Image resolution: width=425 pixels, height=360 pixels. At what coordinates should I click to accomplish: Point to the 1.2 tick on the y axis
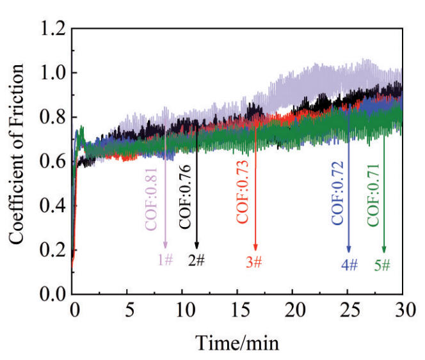pos(51,29)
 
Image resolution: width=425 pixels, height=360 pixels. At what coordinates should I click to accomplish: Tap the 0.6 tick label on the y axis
pos(51,162)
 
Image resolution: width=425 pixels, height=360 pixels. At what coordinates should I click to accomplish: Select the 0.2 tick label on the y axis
pos(51,250)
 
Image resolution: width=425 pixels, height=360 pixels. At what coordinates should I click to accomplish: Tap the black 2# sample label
pos(196,260)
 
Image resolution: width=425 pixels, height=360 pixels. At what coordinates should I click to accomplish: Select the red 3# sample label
pos(254,262)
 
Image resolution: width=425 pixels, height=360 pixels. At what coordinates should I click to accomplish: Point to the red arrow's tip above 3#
pos(255,250)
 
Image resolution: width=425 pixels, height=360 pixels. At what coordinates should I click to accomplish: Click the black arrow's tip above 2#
pos(196,247)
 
